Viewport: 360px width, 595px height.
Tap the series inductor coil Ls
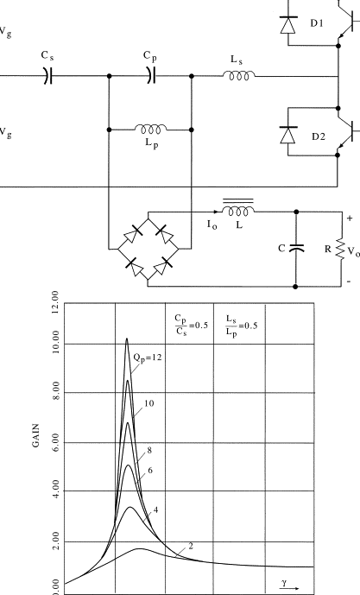tap(237, 76)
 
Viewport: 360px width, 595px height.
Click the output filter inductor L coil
tap(237, 210)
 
